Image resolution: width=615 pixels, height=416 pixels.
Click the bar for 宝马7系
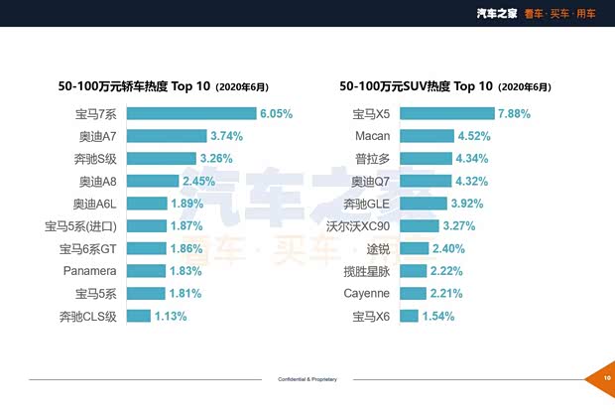(x=191, y=113)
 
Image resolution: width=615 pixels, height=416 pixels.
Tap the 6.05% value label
(x=277, y=114)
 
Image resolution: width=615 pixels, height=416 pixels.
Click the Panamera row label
(x=91, y=271)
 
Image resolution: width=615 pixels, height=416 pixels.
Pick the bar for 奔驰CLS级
(x=139, y=316)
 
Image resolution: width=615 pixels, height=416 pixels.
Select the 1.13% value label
(x=171, y=317)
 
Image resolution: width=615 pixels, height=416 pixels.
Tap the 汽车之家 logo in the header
(x=497, y=13)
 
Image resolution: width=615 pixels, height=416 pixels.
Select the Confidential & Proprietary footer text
(x=307, y=379)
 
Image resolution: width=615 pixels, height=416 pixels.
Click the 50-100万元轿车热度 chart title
(x=163, y=86)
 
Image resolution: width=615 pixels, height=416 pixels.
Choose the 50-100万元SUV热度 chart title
(x=445, y=86)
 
